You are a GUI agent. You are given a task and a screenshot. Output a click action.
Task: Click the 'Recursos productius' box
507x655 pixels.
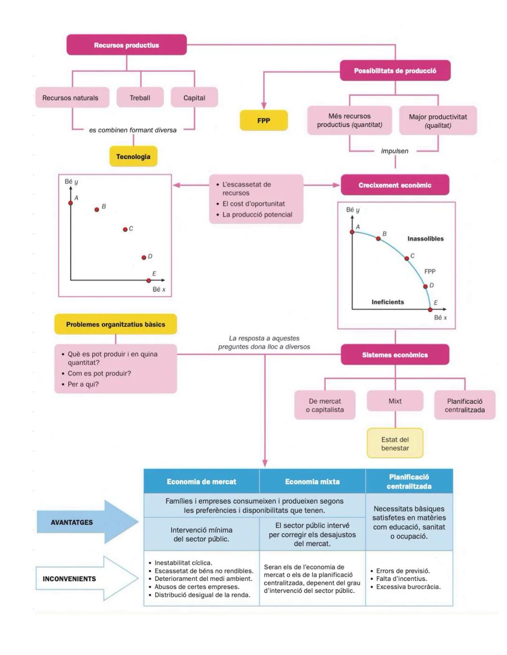(126, 45)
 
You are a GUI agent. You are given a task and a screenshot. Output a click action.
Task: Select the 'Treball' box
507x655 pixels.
(140, 98)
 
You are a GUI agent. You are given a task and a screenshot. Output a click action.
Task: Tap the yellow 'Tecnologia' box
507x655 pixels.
(133, 156)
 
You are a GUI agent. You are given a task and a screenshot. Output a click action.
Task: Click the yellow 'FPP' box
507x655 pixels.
(263, 121)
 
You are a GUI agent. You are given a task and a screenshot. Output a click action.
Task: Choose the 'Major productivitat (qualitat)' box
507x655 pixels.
(438, 121)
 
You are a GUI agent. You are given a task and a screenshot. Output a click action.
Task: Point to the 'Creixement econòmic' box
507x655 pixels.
(395, 185)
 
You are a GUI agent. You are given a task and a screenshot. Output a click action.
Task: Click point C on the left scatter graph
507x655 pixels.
(125, 229)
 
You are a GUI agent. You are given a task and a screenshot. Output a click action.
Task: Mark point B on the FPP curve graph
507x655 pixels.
(378, 239)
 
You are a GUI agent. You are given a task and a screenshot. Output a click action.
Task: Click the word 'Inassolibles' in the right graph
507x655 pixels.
(425, 239)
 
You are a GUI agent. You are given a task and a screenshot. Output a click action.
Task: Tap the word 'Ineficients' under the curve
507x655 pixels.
(387, 302)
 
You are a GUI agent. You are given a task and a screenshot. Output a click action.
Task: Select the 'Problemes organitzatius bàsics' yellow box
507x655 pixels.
(115, 324)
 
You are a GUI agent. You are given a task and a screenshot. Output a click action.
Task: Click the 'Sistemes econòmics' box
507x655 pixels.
(395, 355)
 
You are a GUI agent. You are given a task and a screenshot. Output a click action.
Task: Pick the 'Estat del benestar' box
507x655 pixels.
(395, 444)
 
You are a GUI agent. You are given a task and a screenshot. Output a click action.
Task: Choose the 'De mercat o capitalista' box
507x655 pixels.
(325, 405)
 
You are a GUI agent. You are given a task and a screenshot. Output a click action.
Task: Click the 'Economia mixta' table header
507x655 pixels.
(312, 482)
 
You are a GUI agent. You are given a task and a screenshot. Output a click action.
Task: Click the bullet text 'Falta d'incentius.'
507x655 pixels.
(401, 579)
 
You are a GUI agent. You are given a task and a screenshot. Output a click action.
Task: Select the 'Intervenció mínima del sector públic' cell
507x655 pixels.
(201, 534)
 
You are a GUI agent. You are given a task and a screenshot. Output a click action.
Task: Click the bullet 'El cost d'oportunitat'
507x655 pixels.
(253, 204)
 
